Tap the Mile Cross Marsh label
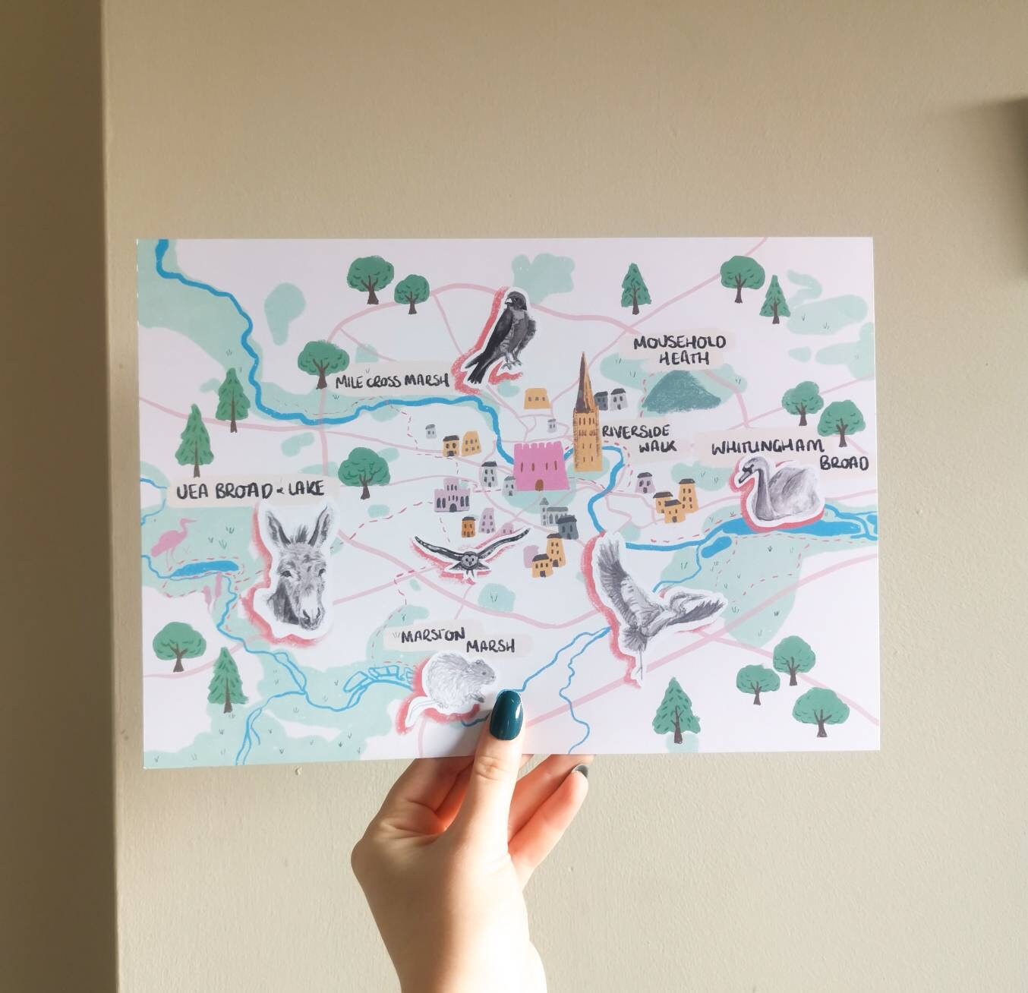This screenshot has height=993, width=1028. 392,382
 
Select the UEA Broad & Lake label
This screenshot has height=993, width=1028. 251,490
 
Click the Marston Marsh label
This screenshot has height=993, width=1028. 450,640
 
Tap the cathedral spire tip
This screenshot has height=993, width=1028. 584,357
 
